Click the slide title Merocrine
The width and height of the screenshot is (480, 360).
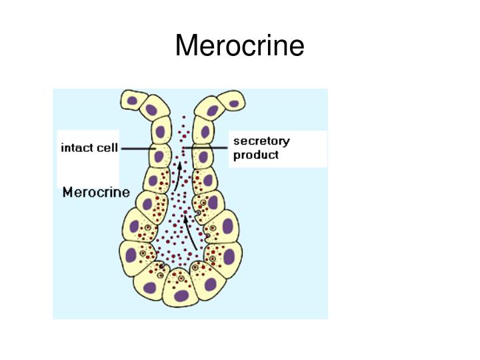pos(239,46)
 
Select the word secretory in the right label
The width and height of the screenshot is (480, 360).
pos(261,141)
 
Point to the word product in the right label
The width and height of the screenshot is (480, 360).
pos(256,155)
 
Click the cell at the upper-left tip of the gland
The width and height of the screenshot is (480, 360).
pos(133,101)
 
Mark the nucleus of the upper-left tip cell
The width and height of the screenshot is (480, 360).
pos(133,101)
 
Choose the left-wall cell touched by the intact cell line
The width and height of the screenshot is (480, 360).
pos(159,156)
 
